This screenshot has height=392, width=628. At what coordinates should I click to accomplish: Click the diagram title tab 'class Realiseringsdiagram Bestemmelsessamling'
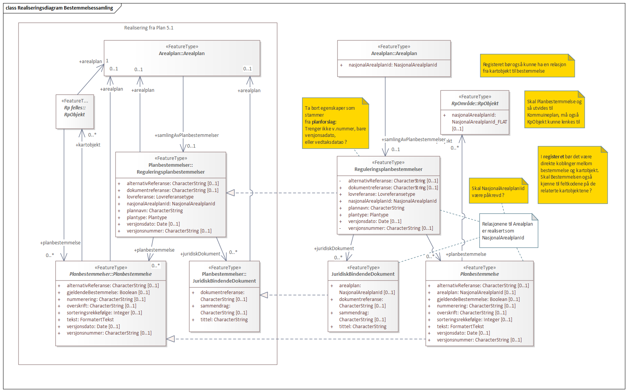click(59, 8)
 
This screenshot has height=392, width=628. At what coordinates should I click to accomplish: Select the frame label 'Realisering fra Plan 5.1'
click(149, 28)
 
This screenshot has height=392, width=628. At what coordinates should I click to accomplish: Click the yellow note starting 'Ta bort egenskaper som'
click(335, 125)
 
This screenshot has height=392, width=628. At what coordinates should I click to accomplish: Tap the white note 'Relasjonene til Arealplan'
click(508, 231)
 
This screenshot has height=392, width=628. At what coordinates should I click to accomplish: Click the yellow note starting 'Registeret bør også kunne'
click(526, 67)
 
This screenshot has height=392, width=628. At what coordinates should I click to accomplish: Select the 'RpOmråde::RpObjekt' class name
click(475, 103)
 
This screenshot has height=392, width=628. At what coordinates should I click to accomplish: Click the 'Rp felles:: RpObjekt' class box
click(75, 111)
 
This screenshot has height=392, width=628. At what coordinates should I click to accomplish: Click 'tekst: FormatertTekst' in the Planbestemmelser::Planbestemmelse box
click(90, 320)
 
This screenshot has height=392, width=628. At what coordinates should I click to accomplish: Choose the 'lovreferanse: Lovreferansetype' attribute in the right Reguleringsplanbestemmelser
click(381, 194)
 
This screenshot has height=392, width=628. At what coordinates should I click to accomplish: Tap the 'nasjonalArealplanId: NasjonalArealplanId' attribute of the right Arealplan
click(393, 65)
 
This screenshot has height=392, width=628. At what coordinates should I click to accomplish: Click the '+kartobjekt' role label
click(88, 145)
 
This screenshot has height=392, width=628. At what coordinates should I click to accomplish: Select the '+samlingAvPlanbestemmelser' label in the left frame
click(187, 135)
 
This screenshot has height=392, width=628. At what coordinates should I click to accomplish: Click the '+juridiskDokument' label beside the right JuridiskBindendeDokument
click(334, 249)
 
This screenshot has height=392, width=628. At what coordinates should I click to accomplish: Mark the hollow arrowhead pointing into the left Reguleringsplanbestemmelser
click(231, 193)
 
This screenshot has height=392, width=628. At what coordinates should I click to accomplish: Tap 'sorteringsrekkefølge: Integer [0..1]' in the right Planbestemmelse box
click(474, 320)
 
